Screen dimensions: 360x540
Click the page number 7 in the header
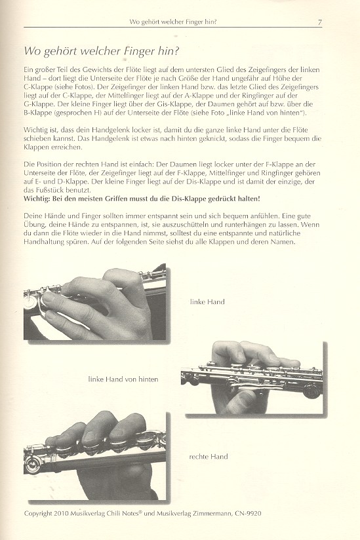[x=320, y=22]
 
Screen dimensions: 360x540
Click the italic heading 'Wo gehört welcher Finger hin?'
[x=102, y=51]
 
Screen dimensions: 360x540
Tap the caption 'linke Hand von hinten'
[x=123, y=379]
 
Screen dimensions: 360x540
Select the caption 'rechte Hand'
[x=209, y=457]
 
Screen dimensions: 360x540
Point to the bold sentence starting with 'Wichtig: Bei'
[x=142, y=199]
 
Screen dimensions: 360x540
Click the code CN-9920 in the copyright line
[x=248, y=514]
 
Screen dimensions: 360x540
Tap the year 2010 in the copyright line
[x=62, y=514]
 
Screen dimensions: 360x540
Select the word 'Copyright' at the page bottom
[x=38, y=514]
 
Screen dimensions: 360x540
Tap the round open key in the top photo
[x=30, y=303]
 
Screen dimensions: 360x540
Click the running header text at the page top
[x=173, y=22]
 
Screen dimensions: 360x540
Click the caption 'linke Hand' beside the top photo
[x=207, y=302]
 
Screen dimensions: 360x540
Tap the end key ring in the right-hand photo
[x=32, y=465]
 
